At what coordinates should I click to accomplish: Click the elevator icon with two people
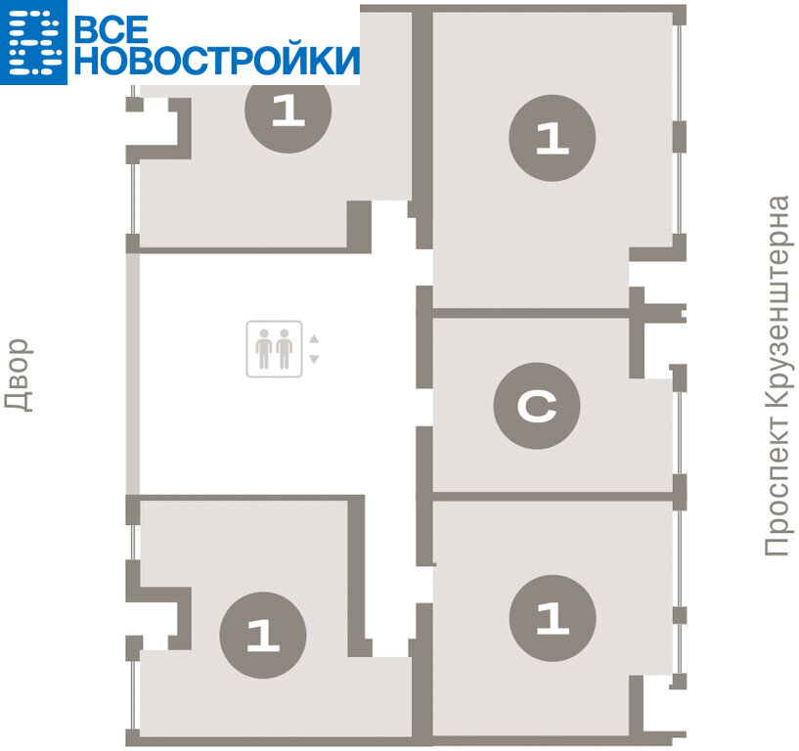click(x=274, y=349)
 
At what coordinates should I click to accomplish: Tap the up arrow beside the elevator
click(x=314, y=338)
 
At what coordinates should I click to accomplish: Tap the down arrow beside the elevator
click(x=314, y=359)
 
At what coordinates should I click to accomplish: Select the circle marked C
click(x=537, y=406)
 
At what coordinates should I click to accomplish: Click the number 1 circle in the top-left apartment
click(x=289, y=110)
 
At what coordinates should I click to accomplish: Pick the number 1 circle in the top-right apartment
click(x=553, y=138)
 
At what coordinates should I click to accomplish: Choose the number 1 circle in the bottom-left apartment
click(x=263, y=635)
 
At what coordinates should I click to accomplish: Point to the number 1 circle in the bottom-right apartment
click(x=553, y=618)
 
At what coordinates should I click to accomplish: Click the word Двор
click(x=19, y=375)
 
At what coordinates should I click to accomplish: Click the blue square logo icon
click(x=33, y=42)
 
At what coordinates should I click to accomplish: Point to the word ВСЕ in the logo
click(x=111, y=28)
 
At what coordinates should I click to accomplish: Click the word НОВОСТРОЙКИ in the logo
click(x=217, y=60)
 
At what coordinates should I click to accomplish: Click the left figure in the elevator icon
click(x=263, y=349)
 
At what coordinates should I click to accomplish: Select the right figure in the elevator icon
click(x=285, y=349)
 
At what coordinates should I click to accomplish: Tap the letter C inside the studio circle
click(x=537, y=406)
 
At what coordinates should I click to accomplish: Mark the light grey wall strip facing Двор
click(x=132, y=373)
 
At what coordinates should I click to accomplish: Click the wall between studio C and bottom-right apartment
click(x=553, y=496)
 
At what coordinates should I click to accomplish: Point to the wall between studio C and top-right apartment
click(x=531, y=313)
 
